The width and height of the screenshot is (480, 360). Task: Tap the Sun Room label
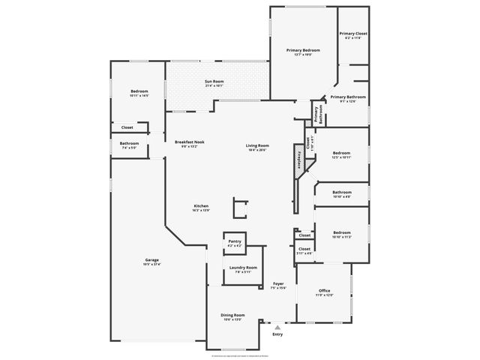(x=214, y=83)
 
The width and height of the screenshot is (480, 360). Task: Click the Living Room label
(x=257, y=147)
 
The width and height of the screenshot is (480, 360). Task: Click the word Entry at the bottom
(x=277, y=334)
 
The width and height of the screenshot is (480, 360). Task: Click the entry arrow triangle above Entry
(x=277, y=327)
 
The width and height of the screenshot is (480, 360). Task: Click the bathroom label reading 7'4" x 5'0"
(x=129, y=145)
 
